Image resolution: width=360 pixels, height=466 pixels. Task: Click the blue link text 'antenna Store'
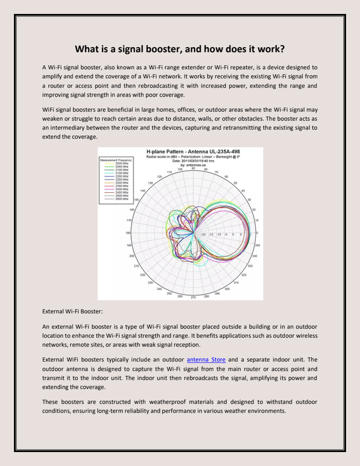pos(206,360)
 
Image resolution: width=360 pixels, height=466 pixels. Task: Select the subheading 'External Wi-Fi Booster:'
pos(73,312)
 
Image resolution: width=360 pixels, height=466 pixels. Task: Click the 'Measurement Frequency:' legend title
pos(117,158)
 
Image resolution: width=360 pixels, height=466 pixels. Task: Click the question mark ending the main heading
pos(282,49)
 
